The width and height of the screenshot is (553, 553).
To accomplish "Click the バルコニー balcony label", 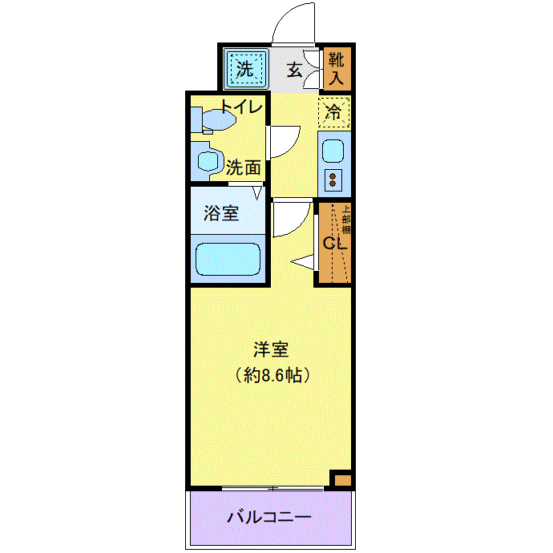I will (x=269, y=517).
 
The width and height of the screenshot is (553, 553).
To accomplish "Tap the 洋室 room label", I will (x=270, y=349).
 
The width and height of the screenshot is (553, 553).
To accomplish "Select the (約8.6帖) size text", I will (x=270, y=373).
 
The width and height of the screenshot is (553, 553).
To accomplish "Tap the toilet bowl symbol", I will (x=215, y=120).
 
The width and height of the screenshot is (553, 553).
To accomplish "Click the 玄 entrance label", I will (x=294, y=69).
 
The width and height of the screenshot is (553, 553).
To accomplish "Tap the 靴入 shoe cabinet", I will (x=336, y=69).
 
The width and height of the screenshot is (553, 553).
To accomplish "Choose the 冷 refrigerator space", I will (x=334, y=112).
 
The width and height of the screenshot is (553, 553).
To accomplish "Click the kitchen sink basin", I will (x=333, y=149).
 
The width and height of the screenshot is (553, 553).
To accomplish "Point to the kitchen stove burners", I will (x=333, y=178).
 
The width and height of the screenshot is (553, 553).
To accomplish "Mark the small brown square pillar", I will (x=341, y=479).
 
